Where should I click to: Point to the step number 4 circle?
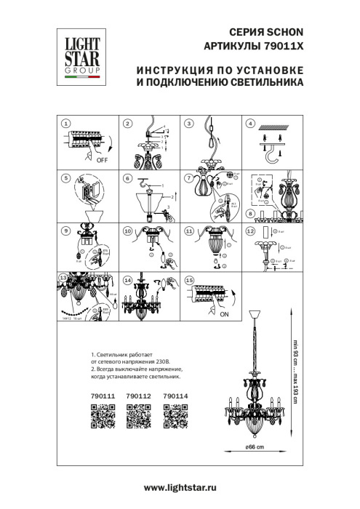251,124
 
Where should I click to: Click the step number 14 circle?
127,279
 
